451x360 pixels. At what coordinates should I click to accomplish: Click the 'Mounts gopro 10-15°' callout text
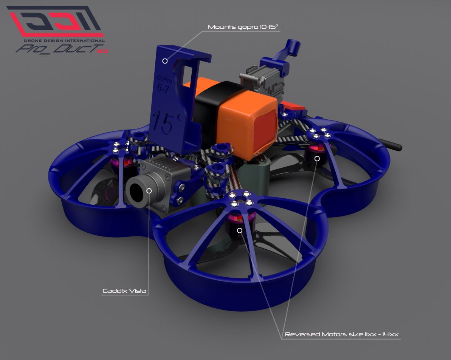coord(243,27)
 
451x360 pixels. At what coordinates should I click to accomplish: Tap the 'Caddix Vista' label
coord(124,291)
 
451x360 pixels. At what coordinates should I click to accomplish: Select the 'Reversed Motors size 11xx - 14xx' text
coord(342,334)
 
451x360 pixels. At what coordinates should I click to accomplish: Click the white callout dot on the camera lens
coord(149,191)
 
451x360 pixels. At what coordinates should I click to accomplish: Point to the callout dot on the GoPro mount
coord(165,61)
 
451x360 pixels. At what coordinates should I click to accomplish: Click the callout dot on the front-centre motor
coord(239,230)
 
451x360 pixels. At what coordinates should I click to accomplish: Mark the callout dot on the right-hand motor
coord(317,159)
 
